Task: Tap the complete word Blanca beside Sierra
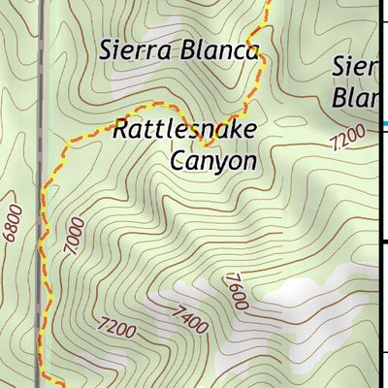(219, 49)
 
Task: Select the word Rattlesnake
(183, 128)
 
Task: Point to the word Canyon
(213, 160)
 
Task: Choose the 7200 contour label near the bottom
(117, 329)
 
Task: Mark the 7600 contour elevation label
(236, 292)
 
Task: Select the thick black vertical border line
(379, 194)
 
